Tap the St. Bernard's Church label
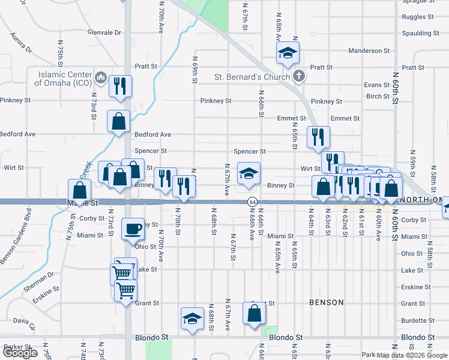coord(253,77)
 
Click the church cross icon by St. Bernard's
coord(300,76)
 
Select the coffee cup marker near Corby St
coord(133,229)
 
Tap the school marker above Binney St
coord(249,173)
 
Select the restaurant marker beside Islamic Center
coord(120,86)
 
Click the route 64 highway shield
coord(253,202)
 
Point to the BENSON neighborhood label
coord(326,302)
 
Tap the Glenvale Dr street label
coord(104,32)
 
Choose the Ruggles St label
coord(418,17)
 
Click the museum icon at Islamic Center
coord(101,79)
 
